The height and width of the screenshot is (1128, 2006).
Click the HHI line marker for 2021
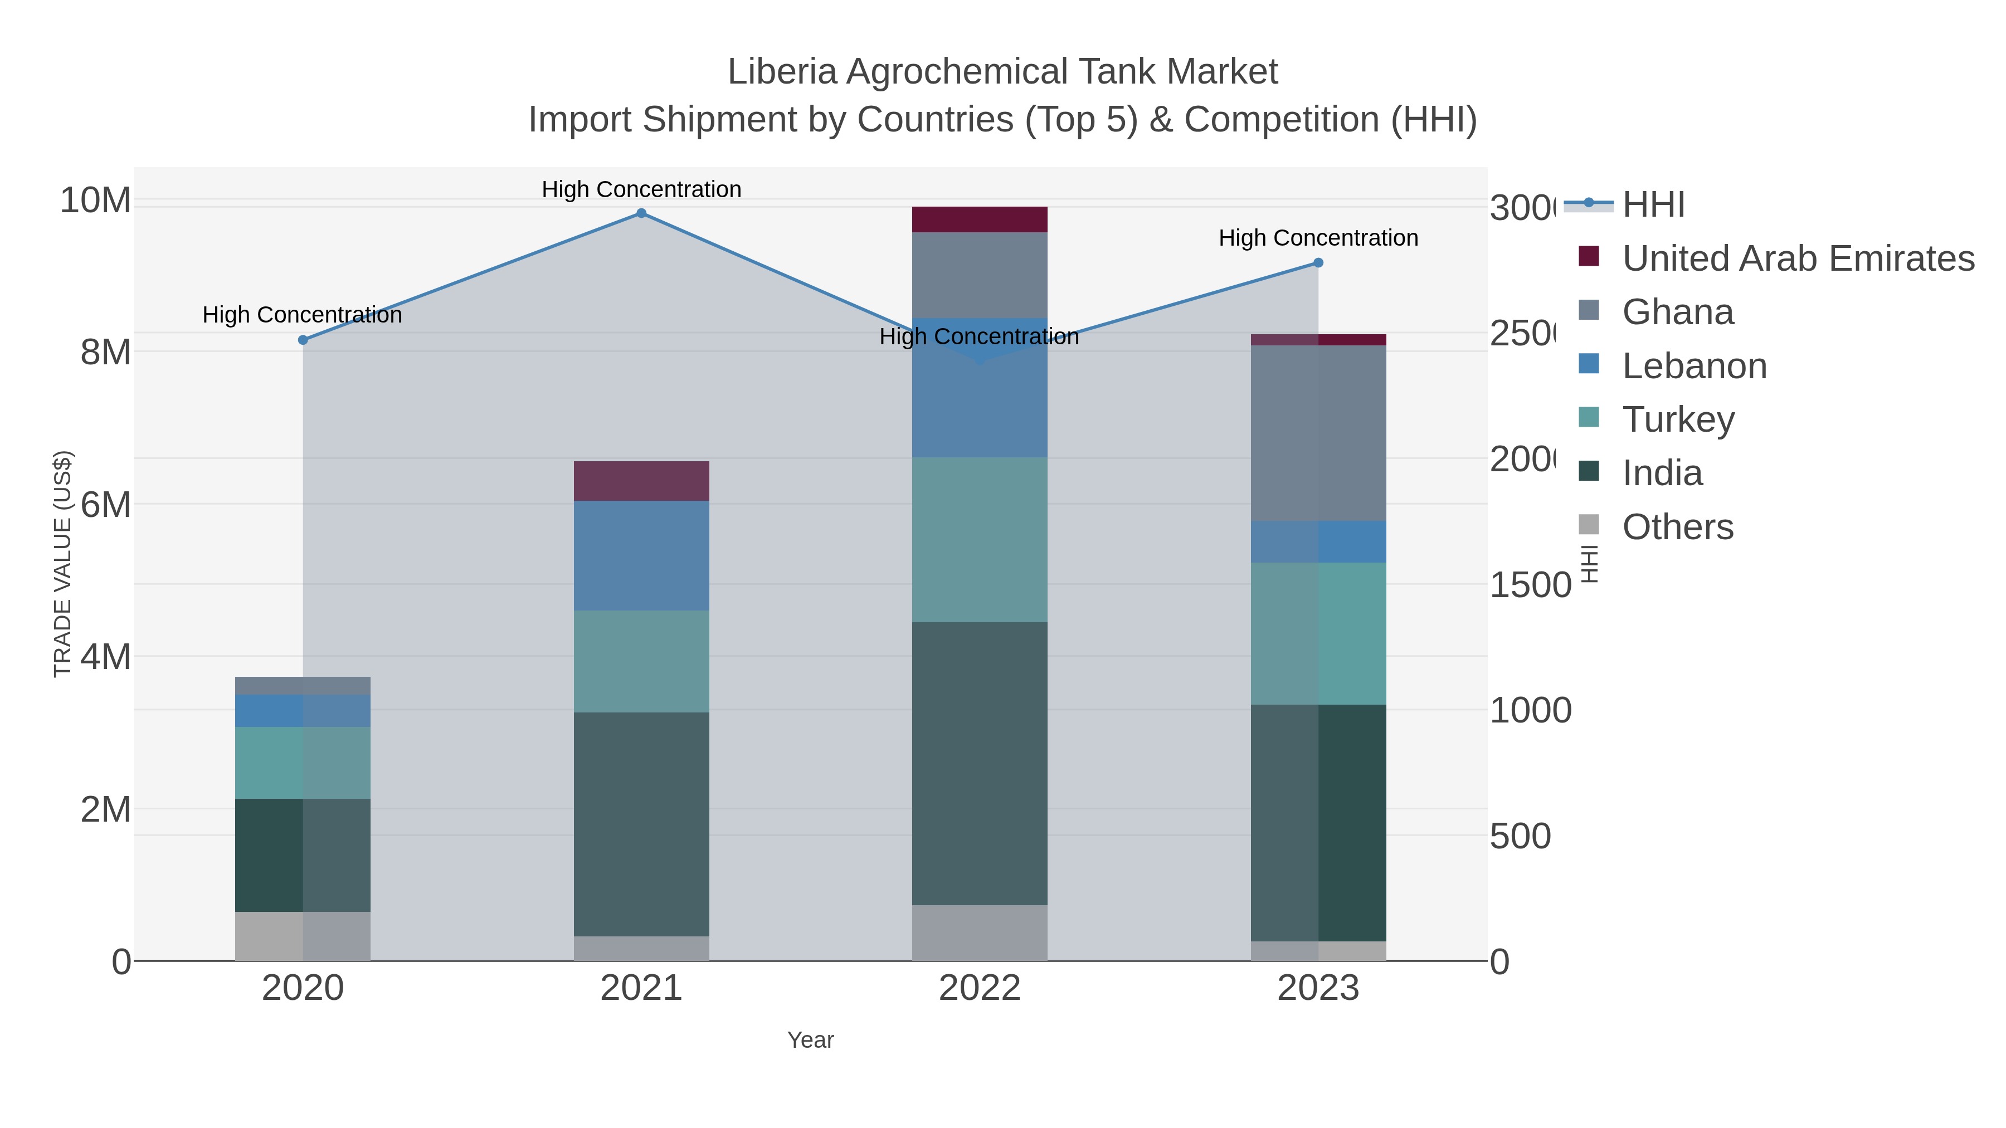pos(641,213)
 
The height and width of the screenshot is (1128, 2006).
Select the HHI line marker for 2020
pos(303,340)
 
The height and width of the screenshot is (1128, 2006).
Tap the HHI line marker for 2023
pos(1318,263)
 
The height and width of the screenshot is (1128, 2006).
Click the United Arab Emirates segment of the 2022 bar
pos(979,219)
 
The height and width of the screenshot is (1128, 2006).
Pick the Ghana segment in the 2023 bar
pos(1318,433)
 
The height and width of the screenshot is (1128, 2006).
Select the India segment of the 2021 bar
pos(641,824)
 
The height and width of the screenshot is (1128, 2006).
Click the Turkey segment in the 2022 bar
pos(979,539)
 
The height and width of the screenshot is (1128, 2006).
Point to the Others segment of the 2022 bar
pos(979,932)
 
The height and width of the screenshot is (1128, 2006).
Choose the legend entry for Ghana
pos(1677,312)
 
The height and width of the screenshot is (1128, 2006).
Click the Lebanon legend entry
pos(1694,366)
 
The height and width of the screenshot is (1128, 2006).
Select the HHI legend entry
pos(1653,205)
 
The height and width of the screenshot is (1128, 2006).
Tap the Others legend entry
pos(1677,527)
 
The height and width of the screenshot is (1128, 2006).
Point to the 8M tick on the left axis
pos(105,352)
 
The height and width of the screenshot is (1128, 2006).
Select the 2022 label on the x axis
pos(979,988)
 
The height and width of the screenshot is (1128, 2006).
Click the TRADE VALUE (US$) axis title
pos(62,564)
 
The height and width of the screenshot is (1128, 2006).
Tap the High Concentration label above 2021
pos(641,189)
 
